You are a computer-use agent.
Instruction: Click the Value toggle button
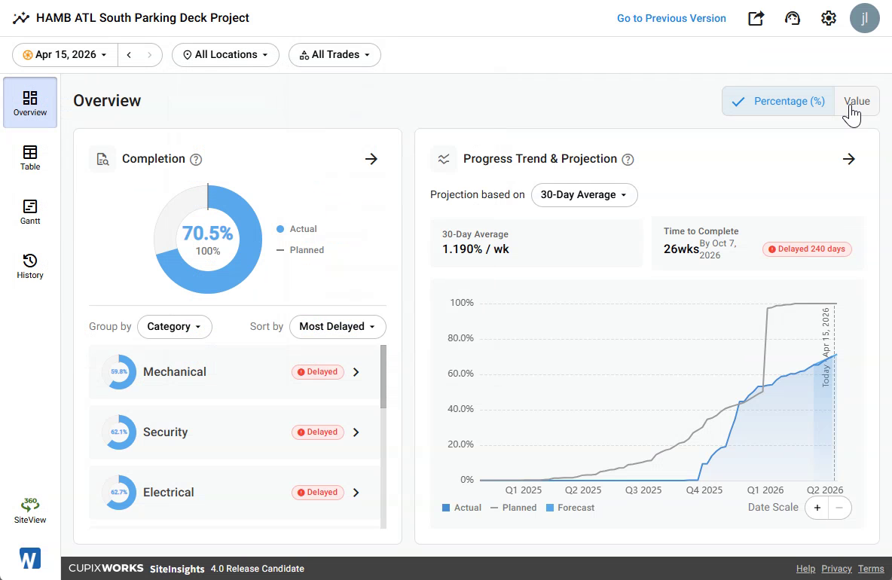(857, 101)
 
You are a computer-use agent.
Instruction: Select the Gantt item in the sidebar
(30, 212)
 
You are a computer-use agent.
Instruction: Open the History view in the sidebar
(30, 266)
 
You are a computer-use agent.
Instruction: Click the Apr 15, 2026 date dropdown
(65, 54)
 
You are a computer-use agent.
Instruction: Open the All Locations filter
(225, 54)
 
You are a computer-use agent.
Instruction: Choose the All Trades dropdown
(334, 54)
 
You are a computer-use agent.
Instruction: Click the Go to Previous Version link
(671, 18)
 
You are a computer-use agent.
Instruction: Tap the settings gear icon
(828, 18)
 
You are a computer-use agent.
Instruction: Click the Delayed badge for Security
(317, 432)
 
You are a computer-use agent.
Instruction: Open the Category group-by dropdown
(174, 326)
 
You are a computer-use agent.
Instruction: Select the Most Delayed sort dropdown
(338, 326)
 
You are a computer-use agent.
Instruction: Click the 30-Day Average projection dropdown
(584, 195)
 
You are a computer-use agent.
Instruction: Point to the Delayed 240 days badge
(807, 249)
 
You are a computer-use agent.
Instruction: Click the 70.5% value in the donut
(208, 234)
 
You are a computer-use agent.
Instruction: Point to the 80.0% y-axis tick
(460, 338)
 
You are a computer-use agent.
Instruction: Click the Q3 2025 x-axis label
(643, 490)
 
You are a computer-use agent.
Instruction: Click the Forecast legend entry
(570, 508)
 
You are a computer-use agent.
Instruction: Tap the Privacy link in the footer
(836, 569)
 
